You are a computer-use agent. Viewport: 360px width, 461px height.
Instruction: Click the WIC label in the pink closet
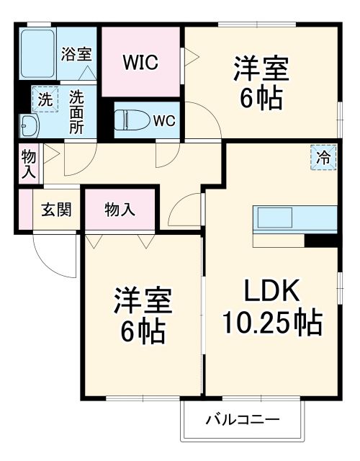140,62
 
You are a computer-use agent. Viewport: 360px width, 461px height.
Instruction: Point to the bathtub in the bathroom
37,55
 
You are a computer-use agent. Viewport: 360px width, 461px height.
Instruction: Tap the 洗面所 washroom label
76,110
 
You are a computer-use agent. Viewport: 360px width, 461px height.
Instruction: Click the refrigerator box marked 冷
323,157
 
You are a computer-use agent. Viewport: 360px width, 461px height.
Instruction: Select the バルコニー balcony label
241,419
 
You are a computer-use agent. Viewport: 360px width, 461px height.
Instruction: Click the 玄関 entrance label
55,210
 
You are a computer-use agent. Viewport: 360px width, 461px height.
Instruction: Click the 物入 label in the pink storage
120,210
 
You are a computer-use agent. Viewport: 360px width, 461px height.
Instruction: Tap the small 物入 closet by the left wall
29,164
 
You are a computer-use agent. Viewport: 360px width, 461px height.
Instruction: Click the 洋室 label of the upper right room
261,69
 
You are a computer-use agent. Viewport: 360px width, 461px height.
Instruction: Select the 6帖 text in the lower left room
142,331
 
